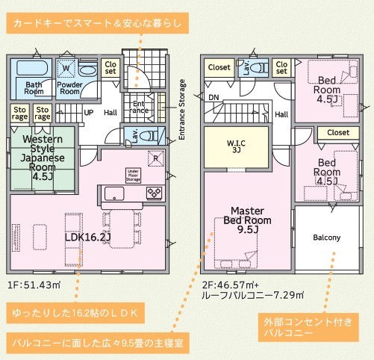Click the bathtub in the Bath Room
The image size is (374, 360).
point(32,68)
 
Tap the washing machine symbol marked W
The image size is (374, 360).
point(66,69)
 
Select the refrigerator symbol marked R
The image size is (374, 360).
point(156,158)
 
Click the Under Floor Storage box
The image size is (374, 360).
point(133,176)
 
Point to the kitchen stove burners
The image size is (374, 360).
point(154,193)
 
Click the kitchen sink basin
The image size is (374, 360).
point(114,193)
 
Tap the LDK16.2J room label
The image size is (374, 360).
point(88,237)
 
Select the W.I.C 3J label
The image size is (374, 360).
point(236,146)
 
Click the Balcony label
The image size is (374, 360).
point(327,238)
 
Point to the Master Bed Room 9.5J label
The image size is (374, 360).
point(247,220)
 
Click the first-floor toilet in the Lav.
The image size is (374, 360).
point(148,136)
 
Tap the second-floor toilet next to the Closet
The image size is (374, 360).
point(259,68)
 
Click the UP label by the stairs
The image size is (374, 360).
point(89,113)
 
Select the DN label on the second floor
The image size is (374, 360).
point(214,97)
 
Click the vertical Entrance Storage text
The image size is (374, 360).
point(182,110)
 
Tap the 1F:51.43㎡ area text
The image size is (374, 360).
point(34,285)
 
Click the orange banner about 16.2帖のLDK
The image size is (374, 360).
point(75,313)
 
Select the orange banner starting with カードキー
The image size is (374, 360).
point(97,23)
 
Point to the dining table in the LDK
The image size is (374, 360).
point(122,229)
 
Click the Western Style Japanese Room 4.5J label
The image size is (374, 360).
point(43,158)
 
